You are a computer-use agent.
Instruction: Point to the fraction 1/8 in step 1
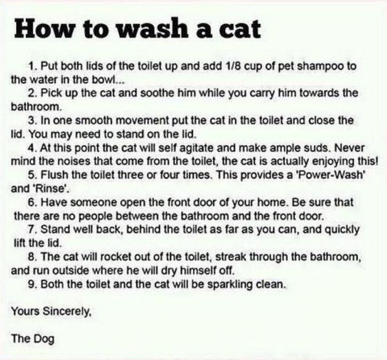(x=221, y=66)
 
